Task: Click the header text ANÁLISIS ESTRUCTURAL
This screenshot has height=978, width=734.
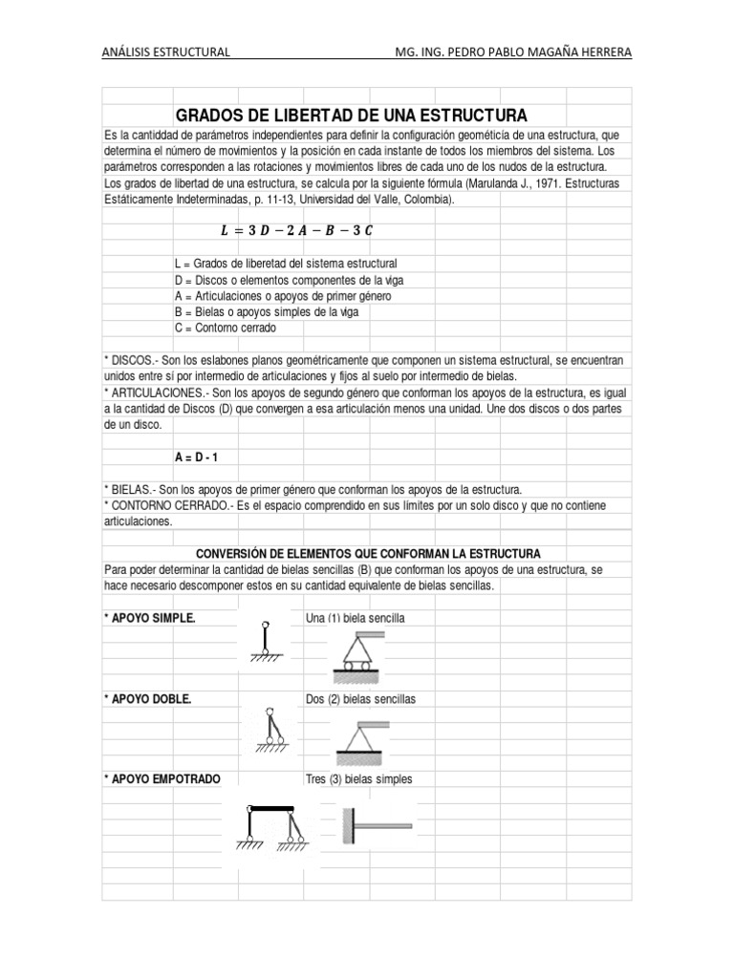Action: click(165, 52)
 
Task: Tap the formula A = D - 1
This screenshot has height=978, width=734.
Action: click(197, 457)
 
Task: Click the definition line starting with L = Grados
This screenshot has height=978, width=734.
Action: click(286, 263)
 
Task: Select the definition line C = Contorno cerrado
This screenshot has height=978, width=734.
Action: click(225, 328)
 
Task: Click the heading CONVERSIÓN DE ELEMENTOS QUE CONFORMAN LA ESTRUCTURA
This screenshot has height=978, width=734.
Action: click(368, 554)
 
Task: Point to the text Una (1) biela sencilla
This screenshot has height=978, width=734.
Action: click(355, 618)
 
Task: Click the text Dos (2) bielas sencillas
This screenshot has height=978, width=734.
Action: click(360, 699)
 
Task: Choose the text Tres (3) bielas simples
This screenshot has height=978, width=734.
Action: click(358, 779)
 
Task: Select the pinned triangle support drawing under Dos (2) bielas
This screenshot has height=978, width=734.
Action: click(362, 736)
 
